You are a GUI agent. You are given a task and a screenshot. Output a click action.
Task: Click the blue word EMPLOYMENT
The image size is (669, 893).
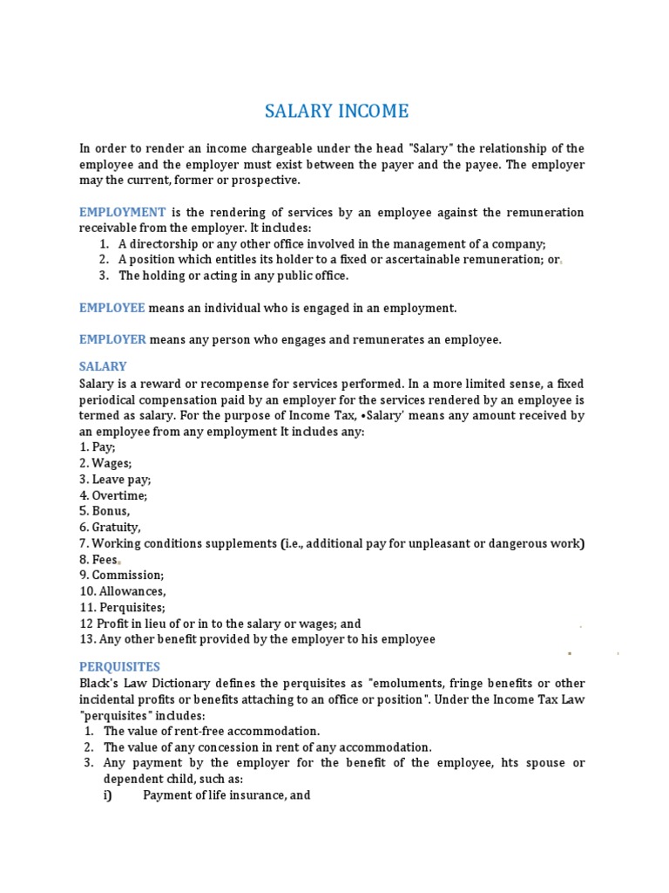[122, 212]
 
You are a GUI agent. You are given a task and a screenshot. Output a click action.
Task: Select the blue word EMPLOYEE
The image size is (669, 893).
[112, 308]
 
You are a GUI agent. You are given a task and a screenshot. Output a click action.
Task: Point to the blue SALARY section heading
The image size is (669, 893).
[103, 366]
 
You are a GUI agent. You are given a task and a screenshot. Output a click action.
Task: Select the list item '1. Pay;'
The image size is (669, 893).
[98, 446]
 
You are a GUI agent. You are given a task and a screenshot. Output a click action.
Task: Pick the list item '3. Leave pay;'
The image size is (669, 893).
[115, 479]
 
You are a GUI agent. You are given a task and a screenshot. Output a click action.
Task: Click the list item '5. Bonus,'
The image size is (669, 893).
[105, 511]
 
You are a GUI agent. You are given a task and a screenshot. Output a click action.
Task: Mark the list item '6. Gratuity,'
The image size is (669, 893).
[110, 528]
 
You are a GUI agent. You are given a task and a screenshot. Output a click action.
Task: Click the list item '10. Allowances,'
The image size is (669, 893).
[123, 591]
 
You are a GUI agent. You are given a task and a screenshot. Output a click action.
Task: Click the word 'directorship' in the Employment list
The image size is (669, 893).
[165, 244]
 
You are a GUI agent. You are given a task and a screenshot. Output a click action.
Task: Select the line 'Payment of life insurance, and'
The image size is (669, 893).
[226, 795]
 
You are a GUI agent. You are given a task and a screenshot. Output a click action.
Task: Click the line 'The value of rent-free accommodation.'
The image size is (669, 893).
[212, 731]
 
